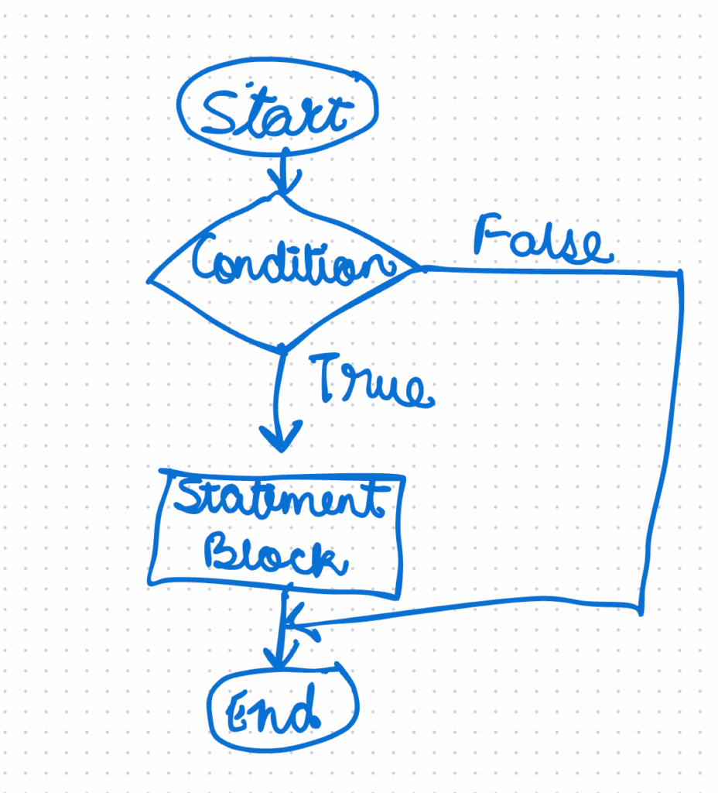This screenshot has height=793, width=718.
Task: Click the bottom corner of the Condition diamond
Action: (284, 348)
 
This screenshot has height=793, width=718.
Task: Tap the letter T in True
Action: (330, 377)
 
